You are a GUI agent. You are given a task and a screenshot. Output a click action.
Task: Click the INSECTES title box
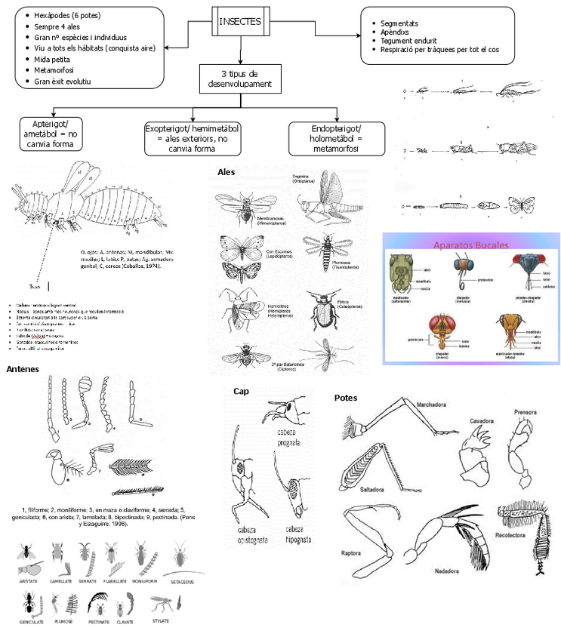(239, 21)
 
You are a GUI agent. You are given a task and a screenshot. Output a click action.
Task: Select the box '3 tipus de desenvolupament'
(239, 78)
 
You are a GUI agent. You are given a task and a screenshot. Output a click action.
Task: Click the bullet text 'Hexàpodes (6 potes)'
(66, 16)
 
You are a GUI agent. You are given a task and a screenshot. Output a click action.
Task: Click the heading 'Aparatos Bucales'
(470, 245)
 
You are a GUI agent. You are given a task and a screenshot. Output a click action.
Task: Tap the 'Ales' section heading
(226, 172)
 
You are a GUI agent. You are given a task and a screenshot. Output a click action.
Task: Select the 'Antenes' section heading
(24, 369)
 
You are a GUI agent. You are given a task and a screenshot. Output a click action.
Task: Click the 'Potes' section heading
(346, 398)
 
